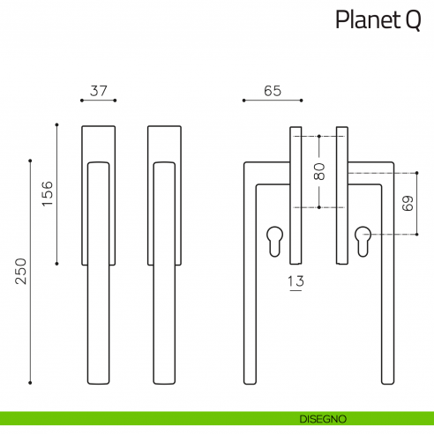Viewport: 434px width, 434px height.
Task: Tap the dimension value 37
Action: coord(99,91)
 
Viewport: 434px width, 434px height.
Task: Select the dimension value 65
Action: coord(272,91)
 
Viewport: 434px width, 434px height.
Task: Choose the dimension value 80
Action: coord(318,172)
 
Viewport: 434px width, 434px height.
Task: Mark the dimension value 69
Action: coord(407,204)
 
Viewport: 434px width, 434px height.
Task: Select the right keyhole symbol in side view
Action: coord(363,240)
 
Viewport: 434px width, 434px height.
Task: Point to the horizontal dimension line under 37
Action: coord(99,102)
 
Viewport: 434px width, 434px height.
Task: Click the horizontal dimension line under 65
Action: coord(273,102)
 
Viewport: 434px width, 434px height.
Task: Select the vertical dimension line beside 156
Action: coord(57,195)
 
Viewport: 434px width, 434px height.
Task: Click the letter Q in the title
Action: coord(412,20)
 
